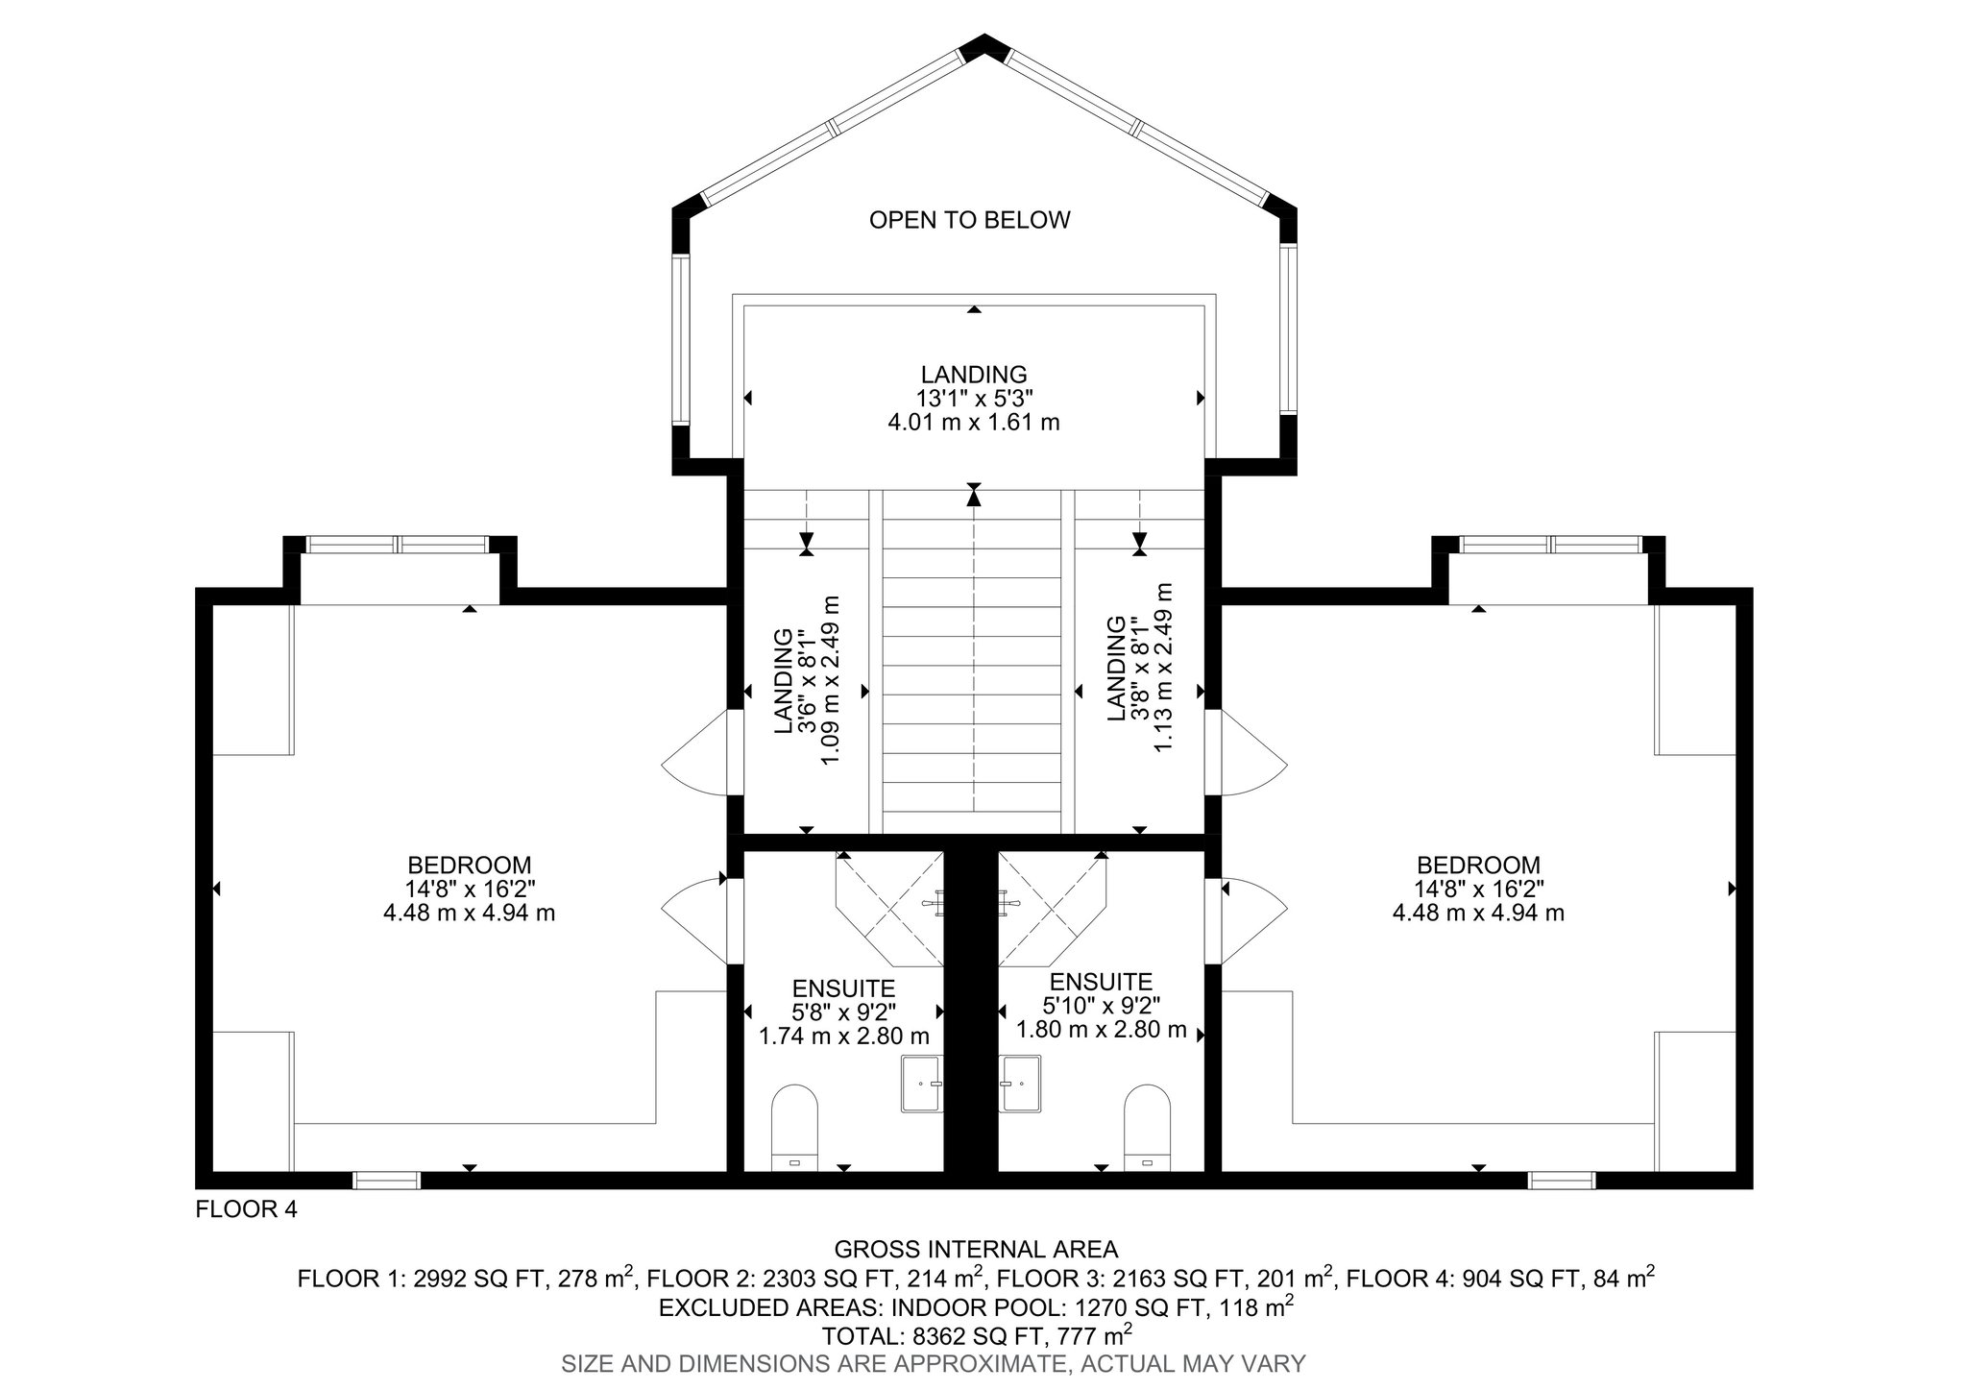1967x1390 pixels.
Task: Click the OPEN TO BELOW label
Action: coord(969,220)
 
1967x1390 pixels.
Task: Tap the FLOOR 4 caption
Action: coord(247,1209)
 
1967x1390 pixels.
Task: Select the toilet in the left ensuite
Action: coord(794,1128)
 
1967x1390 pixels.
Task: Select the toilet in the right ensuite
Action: coord(1147,1128)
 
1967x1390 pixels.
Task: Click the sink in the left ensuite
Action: coord(922,1084)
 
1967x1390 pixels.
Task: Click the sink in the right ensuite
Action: coord(1020,1084)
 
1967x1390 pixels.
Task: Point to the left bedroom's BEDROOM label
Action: coord(469,865)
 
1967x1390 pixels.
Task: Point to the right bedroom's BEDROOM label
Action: coord(1478,865)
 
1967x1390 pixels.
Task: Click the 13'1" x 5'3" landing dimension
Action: coord(974,398)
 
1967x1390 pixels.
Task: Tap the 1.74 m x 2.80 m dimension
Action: coord(844,1036)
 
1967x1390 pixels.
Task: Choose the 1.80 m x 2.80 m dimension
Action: coord(1102,1030)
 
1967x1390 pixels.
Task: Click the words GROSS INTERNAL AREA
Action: coord(976,1249)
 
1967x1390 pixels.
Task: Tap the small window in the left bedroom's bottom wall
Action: coord(386,1181)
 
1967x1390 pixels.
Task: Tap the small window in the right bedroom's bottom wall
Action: coord(1562,1181)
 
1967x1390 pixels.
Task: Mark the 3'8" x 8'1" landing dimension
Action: coord(1139,669)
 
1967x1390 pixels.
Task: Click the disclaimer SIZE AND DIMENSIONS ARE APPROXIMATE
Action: coord(814,1362)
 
